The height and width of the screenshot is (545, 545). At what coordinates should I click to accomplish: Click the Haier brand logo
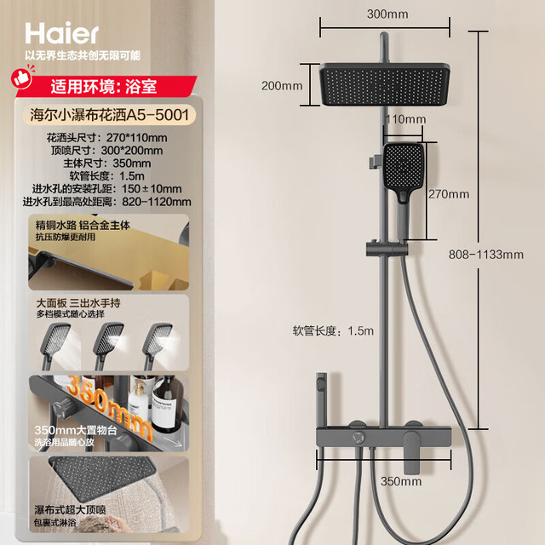62,33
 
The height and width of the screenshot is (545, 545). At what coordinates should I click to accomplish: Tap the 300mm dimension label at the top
387,14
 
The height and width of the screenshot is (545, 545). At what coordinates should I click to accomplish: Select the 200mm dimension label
282,85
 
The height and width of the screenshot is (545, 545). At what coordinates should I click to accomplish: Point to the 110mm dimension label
405,119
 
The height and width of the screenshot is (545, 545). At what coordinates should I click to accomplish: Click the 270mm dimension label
449,194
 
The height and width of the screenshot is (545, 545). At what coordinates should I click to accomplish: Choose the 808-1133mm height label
486,255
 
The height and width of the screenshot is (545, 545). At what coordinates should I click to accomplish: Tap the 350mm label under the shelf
401,481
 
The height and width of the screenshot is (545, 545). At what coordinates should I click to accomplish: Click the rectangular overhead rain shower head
384,84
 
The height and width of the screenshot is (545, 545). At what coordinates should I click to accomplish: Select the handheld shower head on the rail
404,181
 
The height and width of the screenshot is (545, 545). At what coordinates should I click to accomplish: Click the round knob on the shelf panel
357,437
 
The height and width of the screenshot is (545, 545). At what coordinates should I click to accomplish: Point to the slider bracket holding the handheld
387,248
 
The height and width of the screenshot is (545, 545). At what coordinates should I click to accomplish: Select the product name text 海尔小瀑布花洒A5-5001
109,115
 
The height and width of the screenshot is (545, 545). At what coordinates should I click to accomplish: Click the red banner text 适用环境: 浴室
104,87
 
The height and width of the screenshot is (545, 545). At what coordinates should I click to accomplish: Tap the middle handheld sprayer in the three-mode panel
107,346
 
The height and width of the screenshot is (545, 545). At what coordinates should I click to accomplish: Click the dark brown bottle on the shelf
168,405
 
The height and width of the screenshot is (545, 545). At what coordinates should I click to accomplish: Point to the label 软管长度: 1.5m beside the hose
333,330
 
